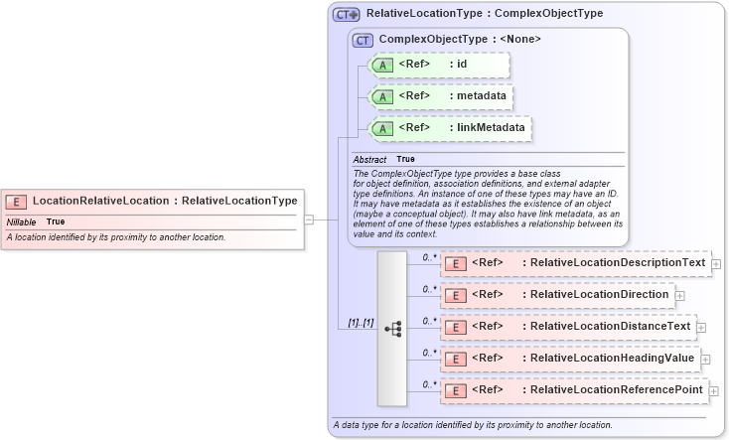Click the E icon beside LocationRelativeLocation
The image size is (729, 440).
click(x=19, y=201)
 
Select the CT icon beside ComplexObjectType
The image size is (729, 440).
click(x=364, y=41)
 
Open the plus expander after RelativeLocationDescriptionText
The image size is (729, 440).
click(x=716, y=264)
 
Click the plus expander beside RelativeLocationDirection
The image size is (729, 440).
click(x=680, y=296)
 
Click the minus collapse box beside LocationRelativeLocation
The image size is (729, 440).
click(x=309, y=220)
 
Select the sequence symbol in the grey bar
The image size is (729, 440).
click(x=392, y=327)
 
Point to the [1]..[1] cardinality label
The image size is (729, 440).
click(x=361, y=323)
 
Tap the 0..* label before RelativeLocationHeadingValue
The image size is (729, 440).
click(x=430, y=353)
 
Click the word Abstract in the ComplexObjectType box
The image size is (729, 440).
click(x=369, y=159)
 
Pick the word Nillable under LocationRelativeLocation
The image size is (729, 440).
click(x=22, y=221)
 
